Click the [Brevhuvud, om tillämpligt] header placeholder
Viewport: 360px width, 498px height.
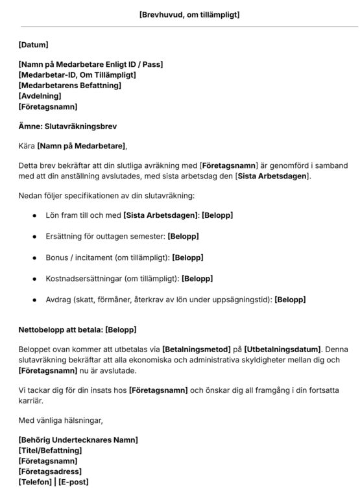tap(189, 14)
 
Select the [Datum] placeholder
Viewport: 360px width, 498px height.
tap(34, 45)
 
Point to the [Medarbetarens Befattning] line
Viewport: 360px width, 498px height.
tap(70, 85)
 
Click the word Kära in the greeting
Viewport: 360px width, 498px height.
tap(27, 145)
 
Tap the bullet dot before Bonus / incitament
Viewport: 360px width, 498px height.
tap(34, 257)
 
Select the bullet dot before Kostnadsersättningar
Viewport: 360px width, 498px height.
tap(34, 279)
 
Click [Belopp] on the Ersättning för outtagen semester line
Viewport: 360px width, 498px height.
tap(183, 236)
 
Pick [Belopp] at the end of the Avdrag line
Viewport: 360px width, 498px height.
tap(290, 300)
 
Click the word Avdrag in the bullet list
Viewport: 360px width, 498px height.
tap(57, 300)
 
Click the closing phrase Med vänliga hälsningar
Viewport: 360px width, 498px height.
tap(61, 420)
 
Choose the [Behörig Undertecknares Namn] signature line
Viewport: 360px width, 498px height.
tap(78, 440)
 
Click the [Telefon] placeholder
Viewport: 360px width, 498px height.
tap(38, 482)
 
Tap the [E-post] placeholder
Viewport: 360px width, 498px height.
tap(73, 482)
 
